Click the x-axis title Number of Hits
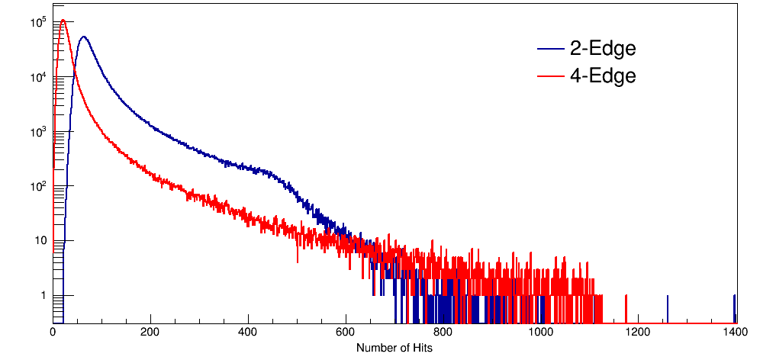coord(394,348)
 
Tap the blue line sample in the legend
coord(551,49)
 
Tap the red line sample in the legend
coord(551,76)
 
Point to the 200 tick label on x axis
coord(151,333)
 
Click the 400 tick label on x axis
coord(248,333)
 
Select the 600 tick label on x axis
coord(346,333)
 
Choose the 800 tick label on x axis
coord(443,333)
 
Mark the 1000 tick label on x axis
coord(540,333)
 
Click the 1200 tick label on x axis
coord(638,333)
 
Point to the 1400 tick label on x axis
coord(736,333)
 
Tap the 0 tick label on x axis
coord(53,333)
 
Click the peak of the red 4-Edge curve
coord(63,20)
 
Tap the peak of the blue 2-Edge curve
coord(83,37)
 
